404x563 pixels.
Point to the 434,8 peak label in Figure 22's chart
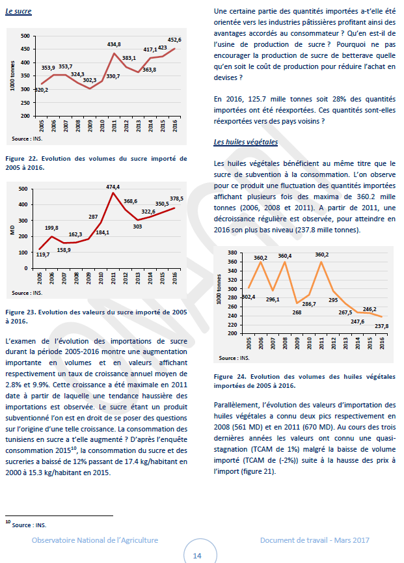click(x=114, y=44)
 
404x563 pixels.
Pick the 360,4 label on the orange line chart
click(x=285, y=256)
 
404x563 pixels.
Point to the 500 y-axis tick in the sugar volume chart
click(x=24, y=36)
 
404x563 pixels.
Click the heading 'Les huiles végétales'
click(x=245, y=141)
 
